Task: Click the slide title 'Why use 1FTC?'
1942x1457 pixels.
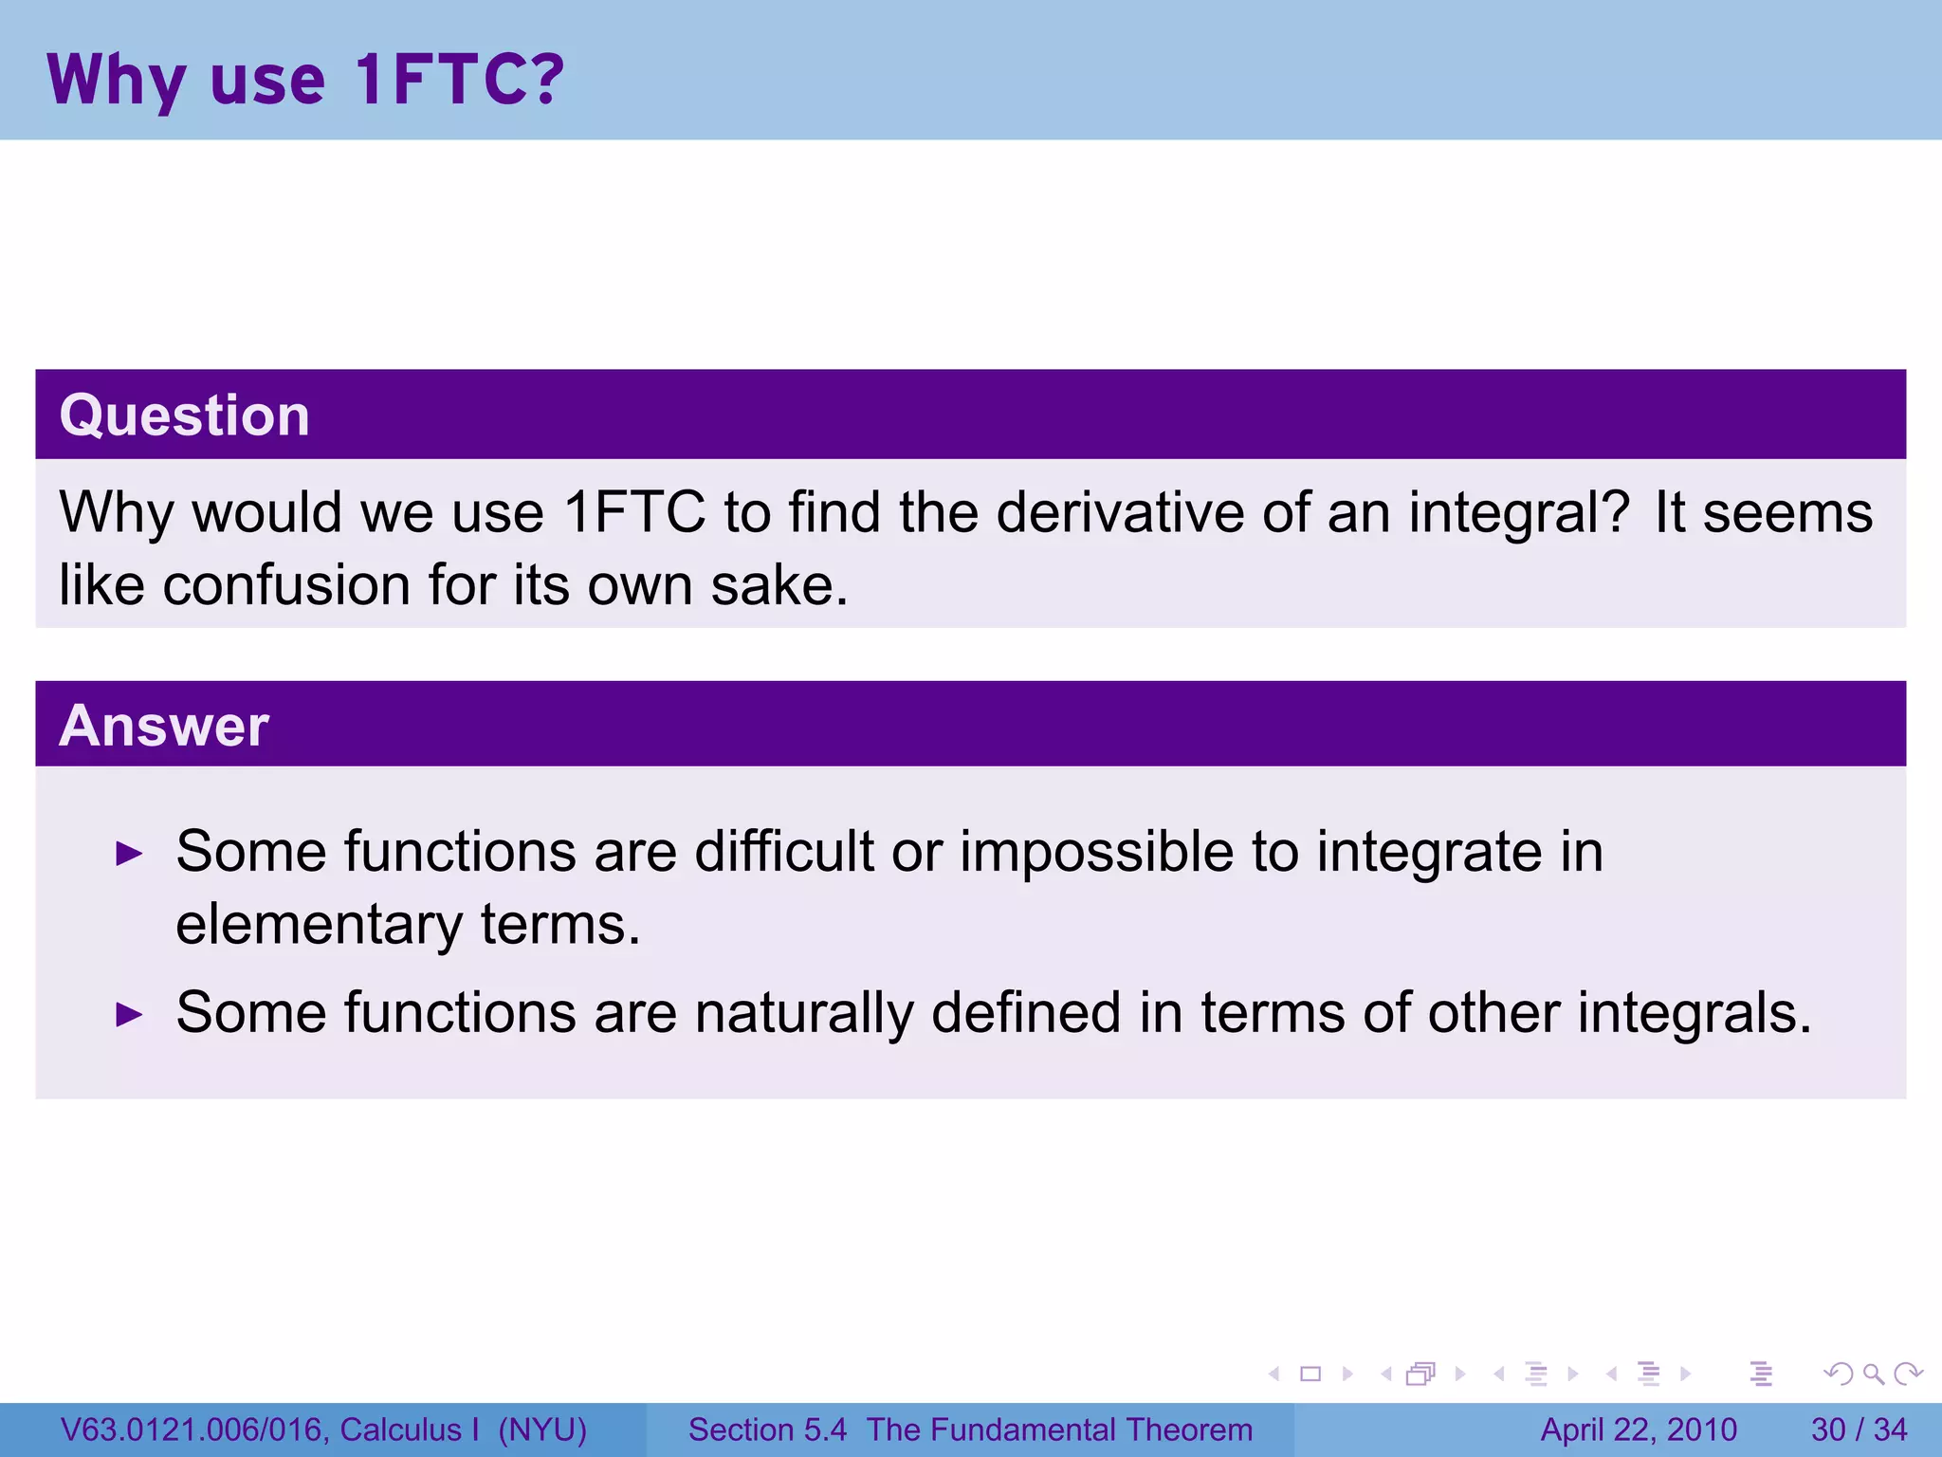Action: [305, 80]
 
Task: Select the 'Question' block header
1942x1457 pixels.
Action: [185, 415]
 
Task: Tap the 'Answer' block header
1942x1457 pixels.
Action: [164, 726]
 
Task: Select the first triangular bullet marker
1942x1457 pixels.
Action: [129, 854]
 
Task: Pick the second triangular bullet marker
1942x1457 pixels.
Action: [129, 1015]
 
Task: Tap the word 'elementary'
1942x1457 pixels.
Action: [319, 925]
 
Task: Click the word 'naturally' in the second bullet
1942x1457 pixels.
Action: [803, 1013]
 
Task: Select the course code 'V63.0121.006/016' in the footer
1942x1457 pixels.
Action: [194, 1429]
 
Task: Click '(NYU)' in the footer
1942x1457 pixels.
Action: [542, 1429]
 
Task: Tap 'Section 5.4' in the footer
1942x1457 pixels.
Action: [767, 1429]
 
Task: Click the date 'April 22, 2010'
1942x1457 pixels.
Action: [1639, 1429]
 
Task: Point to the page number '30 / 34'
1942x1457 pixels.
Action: [1859, 1429]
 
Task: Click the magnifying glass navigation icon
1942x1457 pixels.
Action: [1873, 1374]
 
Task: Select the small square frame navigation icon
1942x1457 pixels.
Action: [1310, 1374]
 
